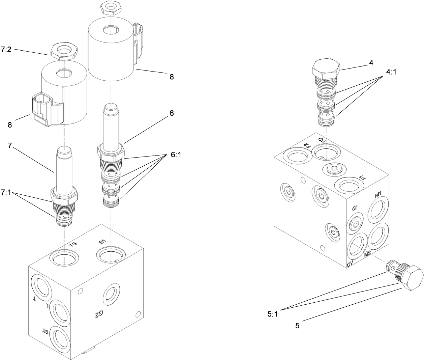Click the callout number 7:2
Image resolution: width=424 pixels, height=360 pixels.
point(6,50)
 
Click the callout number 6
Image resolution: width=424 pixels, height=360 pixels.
point(172,113)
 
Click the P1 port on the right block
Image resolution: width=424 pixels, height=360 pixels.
point(350,185)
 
